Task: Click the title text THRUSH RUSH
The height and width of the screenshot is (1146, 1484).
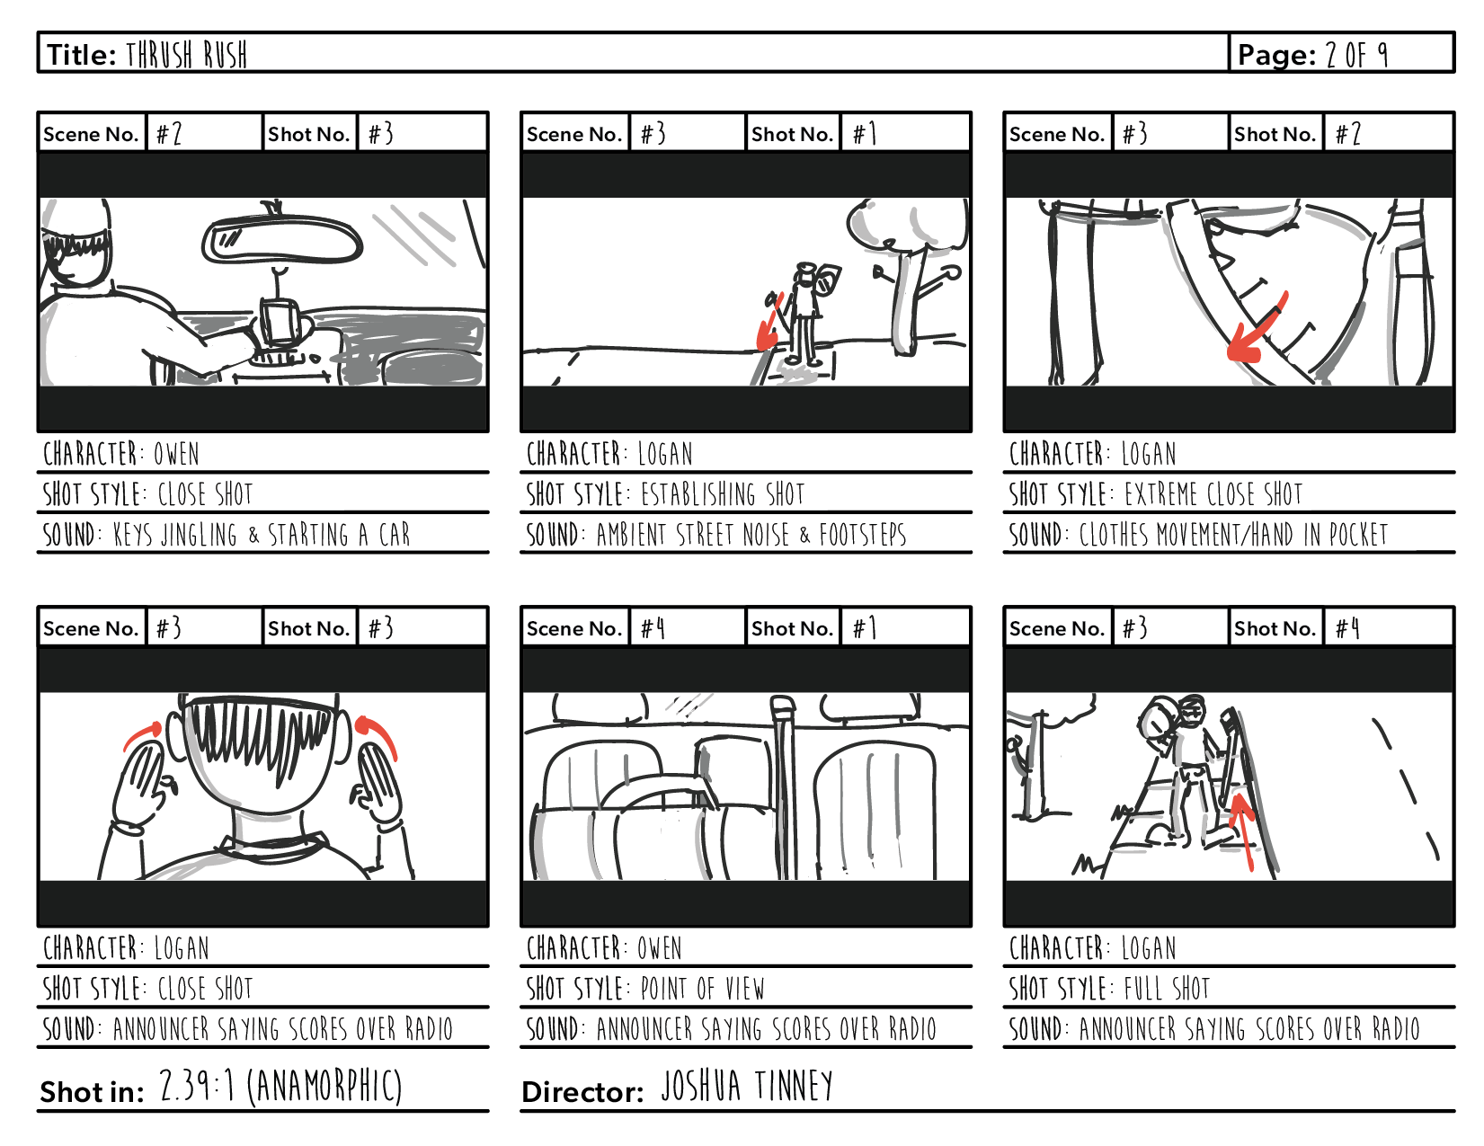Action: tap(186, 55)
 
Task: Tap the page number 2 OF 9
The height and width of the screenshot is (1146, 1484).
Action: tap(1356, 55)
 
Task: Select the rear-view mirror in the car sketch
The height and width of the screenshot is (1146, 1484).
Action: tap(281, 236)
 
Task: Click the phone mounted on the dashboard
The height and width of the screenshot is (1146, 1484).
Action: tap(280, 322)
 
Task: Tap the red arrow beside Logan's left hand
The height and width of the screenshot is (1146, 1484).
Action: tap(144, 735)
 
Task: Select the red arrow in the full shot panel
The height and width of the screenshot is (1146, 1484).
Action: tap(1244, 830)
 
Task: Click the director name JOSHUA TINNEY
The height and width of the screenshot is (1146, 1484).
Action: tap(746, 1086)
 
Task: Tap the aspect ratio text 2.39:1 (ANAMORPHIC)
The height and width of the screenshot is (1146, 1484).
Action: tap(280, 1086)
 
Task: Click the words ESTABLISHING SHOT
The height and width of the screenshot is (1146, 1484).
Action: tap(723, 493)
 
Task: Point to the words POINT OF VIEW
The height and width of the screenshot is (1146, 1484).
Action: tap(702, 988)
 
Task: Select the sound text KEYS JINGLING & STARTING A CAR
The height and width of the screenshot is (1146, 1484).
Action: tap(262, 535)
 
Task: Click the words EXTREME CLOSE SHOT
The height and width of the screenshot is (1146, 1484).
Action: tap(1213, 493)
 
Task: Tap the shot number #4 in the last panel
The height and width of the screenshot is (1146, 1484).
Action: tap(1347, 627)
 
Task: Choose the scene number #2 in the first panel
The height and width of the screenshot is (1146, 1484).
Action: tap(169, 134)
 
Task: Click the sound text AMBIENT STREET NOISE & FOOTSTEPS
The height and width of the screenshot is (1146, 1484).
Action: tap(751, 535)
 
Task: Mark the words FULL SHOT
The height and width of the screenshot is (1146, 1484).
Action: tap(1167, 988)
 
